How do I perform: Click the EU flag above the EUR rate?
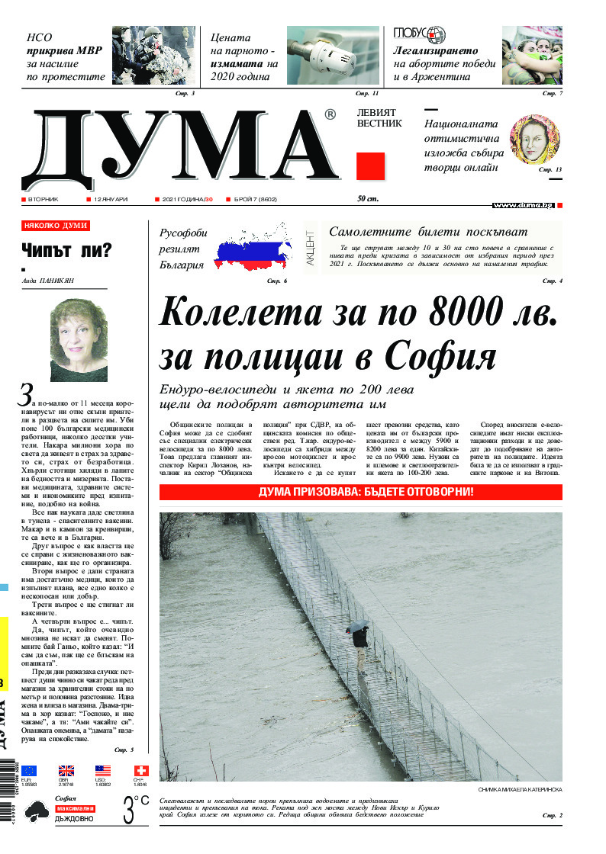[x=29, y=771]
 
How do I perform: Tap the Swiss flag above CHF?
[x=141, y=771]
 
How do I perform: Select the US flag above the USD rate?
[x=103, y=771]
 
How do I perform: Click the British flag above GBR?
[x=66, y=771]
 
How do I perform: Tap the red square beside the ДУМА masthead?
[x=370, y=166]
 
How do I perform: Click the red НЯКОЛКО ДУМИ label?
[x=56, y=226]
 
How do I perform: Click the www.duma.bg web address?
[x=522, y=205]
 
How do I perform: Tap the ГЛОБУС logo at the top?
[x=420, y=34]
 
